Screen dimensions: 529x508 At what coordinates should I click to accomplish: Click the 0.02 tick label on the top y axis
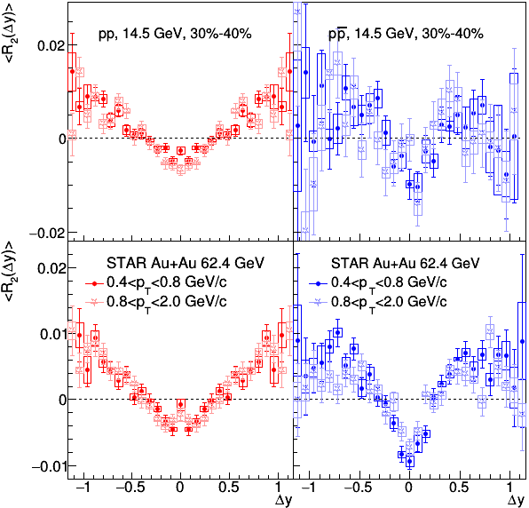pos(51,45)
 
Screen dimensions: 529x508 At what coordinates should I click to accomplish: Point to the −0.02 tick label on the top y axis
pos(47,233)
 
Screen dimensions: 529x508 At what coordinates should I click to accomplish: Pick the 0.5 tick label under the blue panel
pos(460,488)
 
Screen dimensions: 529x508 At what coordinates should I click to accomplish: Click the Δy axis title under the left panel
pos(283,500)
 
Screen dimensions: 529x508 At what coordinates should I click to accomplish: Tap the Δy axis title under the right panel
pos(517,500)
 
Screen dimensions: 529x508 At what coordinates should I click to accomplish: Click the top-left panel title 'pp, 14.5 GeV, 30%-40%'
pos(175,34)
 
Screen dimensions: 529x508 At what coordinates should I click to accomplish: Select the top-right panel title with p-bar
pos(406,34)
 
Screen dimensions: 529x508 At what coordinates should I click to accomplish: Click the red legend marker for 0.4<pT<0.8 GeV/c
pos(94,284)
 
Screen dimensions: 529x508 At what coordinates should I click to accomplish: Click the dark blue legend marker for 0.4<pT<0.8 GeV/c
pos(319,284)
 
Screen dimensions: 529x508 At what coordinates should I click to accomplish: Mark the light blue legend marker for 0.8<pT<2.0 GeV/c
pos(319,302)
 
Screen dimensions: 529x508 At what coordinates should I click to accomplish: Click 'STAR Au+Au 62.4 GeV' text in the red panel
pos(186,263)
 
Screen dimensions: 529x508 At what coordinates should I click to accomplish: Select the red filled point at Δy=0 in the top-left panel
pos(181,151)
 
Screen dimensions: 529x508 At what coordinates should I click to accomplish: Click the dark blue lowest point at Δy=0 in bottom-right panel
pos(409,462)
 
